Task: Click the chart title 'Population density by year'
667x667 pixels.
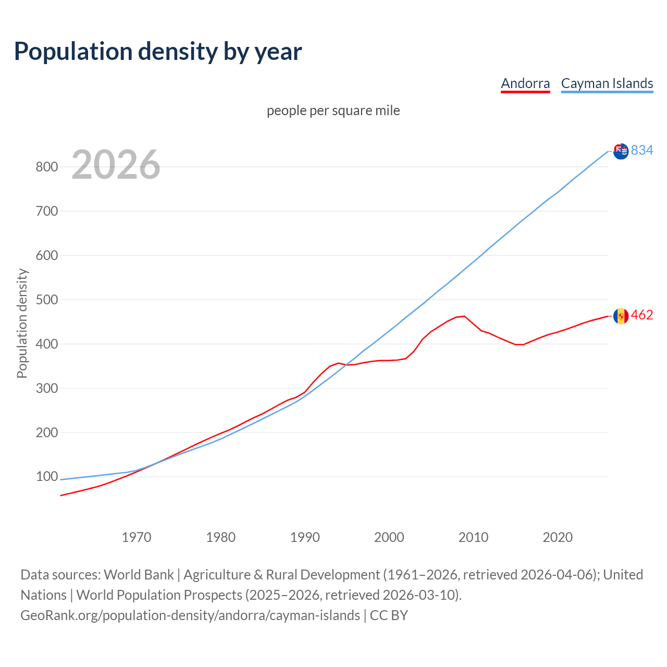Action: coord(158,52)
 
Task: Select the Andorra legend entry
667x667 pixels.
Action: coord(525,83)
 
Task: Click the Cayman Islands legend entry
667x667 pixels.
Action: coord(607,83)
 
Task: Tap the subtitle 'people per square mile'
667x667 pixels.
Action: coord(333,111)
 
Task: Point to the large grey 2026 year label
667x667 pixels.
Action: coord(116,165)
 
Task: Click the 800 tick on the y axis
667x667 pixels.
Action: coord(46,167)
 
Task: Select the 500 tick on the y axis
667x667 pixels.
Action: coord(46,300)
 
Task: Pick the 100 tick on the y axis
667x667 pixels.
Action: coord(46,477)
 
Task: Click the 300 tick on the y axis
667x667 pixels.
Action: coord(46,389)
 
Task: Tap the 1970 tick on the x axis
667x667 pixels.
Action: coord(137,537)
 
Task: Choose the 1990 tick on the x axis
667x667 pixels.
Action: coord(305,537)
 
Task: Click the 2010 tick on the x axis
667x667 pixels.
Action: coord(473,537)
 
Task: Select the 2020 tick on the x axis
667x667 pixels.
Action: coord(558,537)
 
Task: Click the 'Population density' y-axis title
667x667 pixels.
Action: coord(22,323)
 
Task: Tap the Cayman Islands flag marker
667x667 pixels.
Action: coord(621,151)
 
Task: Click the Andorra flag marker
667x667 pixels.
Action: coord(621,316)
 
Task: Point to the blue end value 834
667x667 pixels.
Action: coord(642,151)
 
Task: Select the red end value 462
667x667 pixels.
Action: coord(642,315)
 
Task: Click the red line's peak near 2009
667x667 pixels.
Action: coord(464,316)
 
